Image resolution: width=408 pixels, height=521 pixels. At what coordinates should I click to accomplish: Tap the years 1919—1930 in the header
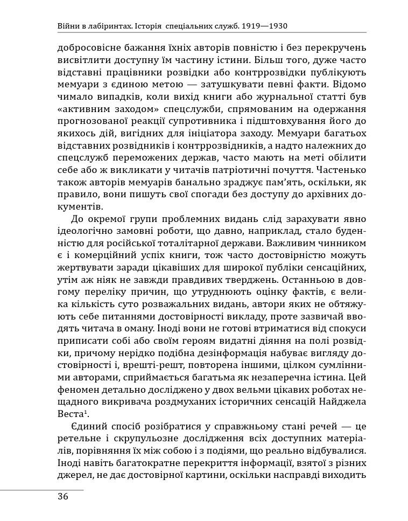pos(265,25)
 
